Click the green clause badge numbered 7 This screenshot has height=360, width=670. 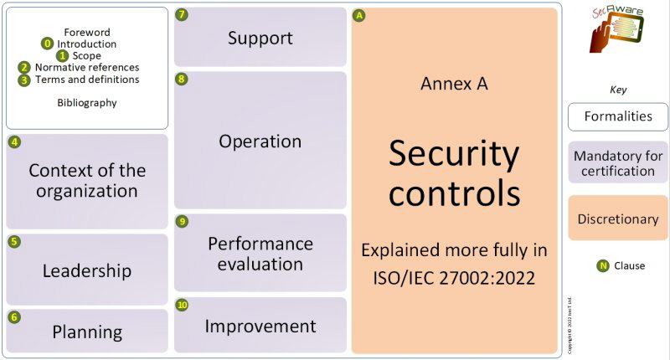click(182, 14)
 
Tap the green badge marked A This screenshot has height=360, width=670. click(359, 16)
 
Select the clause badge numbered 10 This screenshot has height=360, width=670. click(182, 305)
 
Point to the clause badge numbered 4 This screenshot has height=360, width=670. click(14, 141)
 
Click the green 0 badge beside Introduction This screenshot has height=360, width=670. click(48, 44)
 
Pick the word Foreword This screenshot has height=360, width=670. click(87, 32)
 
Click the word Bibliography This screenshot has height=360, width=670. click(87, 103)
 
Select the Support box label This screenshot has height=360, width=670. click(260, 39)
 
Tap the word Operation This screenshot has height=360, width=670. click(260, 141)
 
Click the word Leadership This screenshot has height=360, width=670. click(87, 270)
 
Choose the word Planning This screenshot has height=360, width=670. click(87, 332)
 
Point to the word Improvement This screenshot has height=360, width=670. click(260, 327)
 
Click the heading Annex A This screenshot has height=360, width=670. click(454, 84)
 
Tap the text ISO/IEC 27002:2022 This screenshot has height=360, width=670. click(454, 278)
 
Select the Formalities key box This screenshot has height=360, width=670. click(618, 116)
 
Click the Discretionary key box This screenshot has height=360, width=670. click(618, 218)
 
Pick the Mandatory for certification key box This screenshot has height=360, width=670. click(618, 162)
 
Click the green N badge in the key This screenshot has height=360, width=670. click(602, 265)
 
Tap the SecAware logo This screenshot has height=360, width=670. click(616, 29)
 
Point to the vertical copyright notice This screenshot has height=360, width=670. click(569, 325)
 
